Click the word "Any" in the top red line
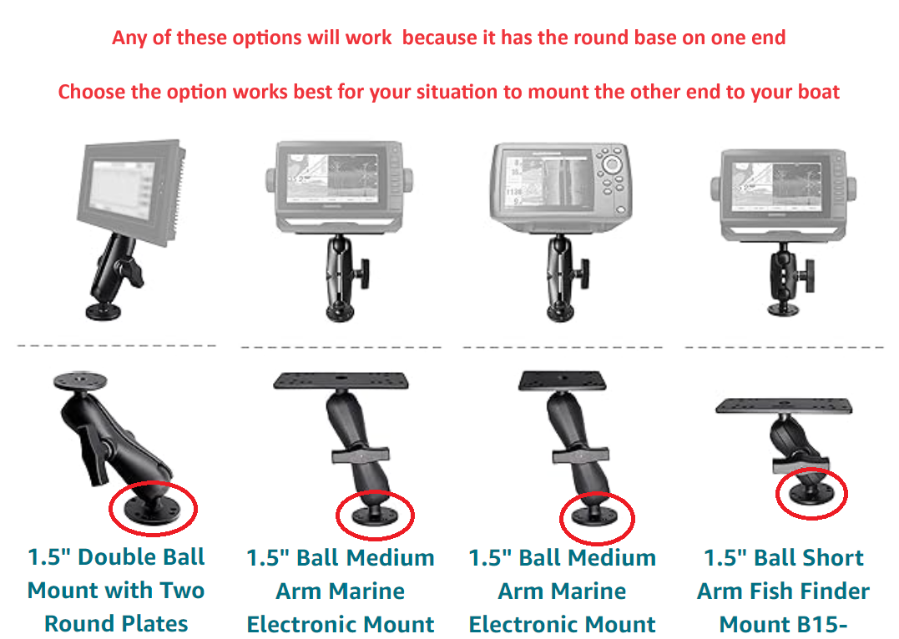129,38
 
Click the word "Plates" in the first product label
154,623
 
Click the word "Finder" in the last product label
835,591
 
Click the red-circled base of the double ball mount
153,509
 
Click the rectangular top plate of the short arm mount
784,406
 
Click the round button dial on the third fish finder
612,164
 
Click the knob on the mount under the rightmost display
810,276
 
